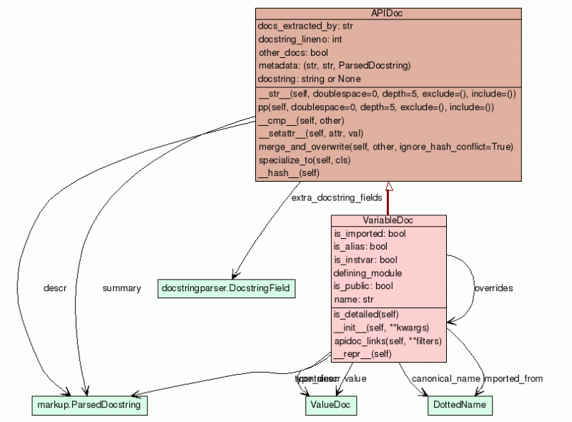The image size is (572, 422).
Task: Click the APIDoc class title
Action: coord(388,14)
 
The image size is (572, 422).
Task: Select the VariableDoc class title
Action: coord(388,220)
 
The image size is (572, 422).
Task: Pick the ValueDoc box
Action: coord(330,405)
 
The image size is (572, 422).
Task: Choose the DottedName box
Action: coord(460,405)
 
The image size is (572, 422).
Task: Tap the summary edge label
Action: coord(121,288)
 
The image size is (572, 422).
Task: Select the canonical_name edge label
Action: coord(445,378)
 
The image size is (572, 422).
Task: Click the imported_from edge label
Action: coord(513,378)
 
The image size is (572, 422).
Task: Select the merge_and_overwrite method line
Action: coord(385,147)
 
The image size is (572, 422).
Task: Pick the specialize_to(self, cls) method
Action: coord(304,160)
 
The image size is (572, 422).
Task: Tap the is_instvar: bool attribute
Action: coord(365,260)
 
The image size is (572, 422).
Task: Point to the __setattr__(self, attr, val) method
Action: coord(311,133)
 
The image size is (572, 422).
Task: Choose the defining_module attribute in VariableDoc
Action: coord(368,273)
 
